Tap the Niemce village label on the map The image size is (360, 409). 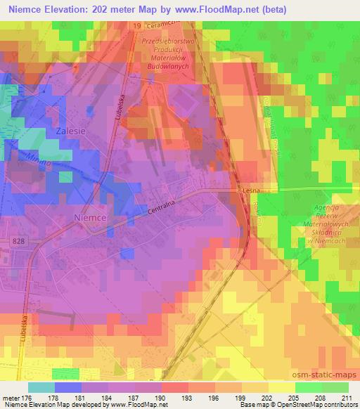coord(90,218)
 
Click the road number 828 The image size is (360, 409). coord(20,240)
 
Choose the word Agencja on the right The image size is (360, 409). coord(327,209)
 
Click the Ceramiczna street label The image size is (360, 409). coord(167,25)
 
